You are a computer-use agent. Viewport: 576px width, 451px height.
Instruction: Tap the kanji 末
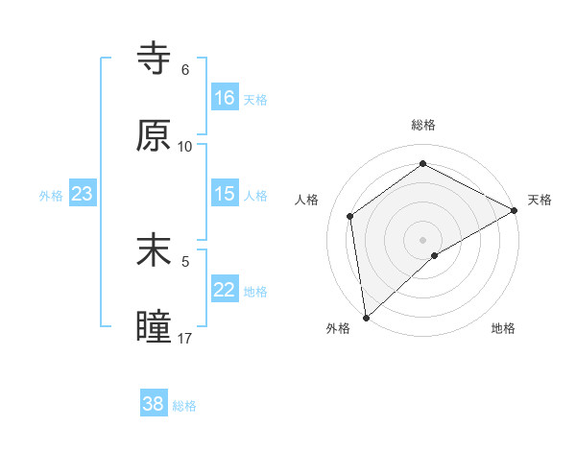click(x=155, y=250)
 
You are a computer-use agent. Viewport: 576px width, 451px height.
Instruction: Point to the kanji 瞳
click(x=155, y=327)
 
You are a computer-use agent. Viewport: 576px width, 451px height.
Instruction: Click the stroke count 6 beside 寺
click(x=185, y=70)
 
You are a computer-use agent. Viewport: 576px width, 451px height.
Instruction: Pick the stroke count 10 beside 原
click(x=185, y=147)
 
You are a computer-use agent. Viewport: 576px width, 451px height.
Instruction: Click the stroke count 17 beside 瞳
click(x=185, y=339)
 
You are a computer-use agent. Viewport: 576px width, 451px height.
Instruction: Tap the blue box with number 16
click(x=225, y=98)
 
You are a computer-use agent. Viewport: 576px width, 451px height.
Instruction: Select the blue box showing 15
click(x=225, y=194)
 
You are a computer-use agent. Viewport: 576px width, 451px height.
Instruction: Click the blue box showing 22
click(x=225, y=290)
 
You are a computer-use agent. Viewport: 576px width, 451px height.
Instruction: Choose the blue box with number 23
click(x=83, y=194)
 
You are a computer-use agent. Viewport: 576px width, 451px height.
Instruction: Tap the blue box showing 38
click(x=154, y=404)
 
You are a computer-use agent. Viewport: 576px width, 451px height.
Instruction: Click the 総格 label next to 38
click(x=184, y=406)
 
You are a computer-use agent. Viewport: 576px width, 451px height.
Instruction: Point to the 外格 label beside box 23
click(x=51, y=195)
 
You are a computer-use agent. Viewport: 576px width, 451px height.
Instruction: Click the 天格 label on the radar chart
click(x=540, y=200)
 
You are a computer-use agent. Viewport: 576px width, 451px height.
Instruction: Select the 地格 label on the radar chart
click(x=503, y=328)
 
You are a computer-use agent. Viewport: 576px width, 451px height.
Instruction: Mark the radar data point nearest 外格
click(x=366, y=318)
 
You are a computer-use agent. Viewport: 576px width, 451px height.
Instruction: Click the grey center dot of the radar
click(x=423, y=239)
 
